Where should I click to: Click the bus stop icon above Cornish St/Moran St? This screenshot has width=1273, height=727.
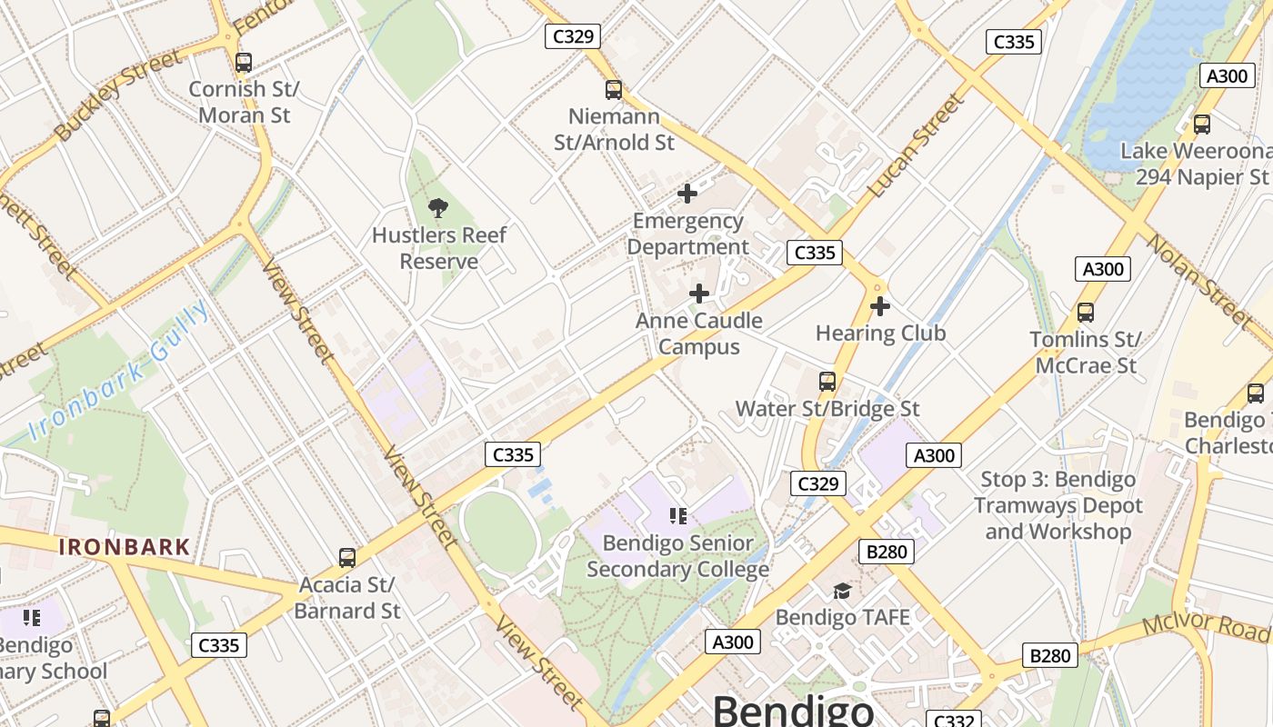pos(243,63)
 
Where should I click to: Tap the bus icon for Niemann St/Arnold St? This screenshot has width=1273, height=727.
pos(614,90)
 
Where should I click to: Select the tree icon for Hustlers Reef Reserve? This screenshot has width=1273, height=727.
pos(438,208)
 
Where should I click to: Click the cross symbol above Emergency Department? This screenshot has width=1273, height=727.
pos(687,194)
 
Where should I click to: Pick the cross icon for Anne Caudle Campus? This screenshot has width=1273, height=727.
pos(698,294)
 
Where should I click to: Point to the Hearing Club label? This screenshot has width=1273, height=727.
pos(880,334)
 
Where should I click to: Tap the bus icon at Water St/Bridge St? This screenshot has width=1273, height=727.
pos(827,382)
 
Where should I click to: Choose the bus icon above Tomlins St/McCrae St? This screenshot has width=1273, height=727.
pos(1085,313)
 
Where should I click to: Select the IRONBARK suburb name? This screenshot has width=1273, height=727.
pos(125,547)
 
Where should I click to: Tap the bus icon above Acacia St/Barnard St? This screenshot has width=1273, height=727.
pos(346,558)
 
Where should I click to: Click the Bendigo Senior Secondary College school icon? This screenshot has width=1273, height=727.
pos(677,516)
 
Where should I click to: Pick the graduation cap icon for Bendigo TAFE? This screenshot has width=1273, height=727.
pos(842,591)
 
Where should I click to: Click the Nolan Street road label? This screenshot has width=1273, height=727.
pos(1198,279)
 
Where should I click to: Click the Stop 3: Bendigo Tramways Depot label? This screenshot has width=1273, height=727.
pos(1057,505)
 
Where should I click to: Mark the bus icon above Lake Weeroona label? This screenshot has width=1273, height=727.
pos(1201,124)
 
